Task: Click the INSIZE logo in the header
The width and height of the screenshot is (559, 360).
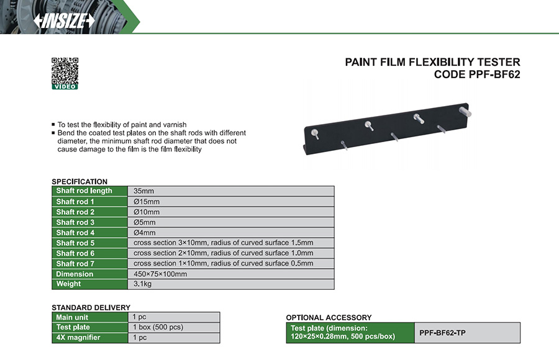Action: click(64, 20)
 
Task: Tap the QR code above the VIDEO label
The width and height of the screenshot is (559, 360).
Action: click(65, 71)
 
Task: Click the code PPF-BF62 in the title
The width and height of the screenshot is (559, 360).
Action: click(494, 74)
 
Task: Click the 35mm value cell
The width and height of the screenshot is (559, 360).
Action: click(231, 191)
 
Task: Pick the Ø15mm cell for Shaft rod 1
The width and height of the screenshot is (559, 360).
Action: click(231, 201)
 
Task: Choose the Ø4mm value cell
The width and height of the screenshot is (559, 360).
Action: click(231, 232)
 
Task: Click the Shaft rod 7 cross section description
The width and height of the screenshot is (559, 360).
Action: click(224, 263)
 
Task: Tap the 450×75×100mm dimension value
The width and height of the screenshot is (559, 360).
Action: click(160, 274)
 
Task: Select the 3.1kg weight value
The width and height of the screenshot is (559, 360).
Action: click(142, 284)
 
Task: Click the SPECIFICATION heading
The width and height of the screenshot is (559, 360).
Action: click(80, 181)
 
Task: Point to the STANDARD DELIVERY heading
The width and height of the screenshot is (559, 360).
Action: click(91, 308)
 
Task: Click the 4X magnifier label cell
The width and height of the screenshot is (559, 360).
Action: click(90, 338)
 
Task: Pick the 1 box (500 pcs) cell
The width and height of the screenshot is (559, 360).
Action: click(174, 327)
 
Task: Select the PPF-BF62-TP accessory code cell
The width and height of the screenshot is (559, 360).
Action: click(467, 333)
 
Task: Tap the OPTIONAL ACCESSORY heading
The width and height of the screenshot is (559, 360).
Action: click(329, 318)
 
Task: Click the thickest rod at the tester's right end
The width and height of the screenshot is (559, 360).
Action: click(465, 111)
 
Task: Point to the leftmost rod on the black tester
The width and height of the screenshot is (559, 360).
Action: click(315, 133)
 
